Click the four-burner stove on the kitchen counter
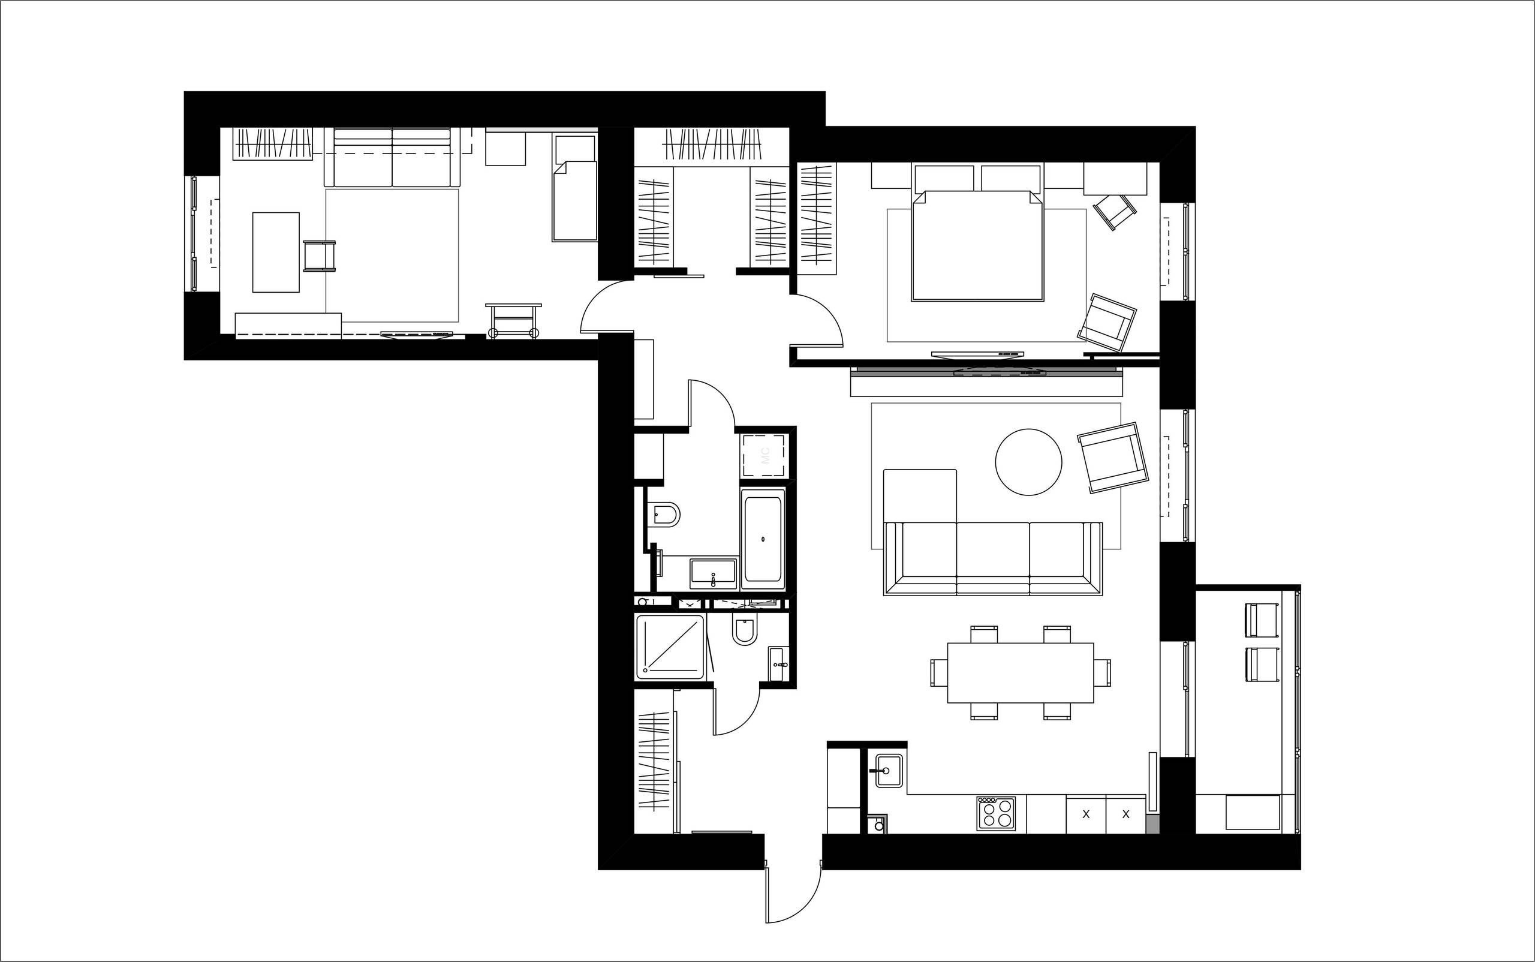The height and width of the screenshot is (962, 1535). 995,813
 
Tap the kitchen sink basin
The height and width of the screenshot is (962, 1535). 889,771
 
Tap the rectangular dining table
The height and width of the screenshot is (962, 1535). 1020,672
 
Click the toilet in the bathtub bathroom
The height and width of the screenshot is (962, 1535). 665,514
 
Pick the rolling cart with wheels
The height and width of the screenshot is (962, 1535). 513,320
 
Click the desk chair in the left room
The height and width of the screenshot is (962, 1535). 319,255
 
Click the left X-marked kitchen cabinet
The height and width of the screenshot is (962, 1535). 1086,814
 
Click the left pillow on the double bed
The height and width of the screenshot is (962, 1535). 944,178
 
